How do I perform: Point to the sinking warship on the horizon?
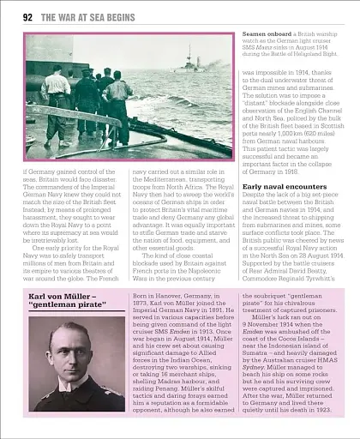pyautogui.click(x=194, y=66)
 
